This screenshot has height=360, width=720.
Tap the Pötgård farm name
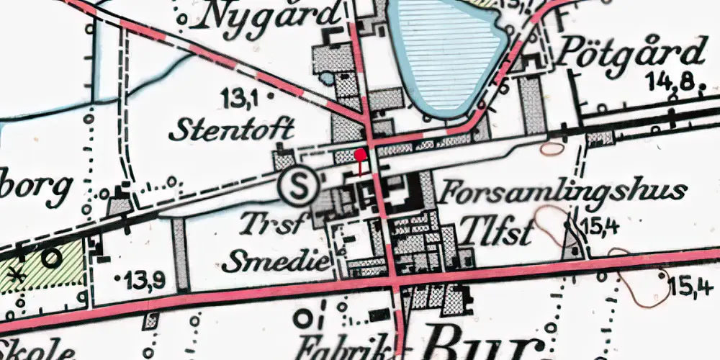631,54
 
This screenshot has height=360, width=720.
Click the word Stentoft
232,130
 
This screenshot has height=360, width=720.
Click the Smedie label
275,261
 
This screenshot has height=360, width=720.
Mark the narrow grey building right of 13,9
181,253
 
